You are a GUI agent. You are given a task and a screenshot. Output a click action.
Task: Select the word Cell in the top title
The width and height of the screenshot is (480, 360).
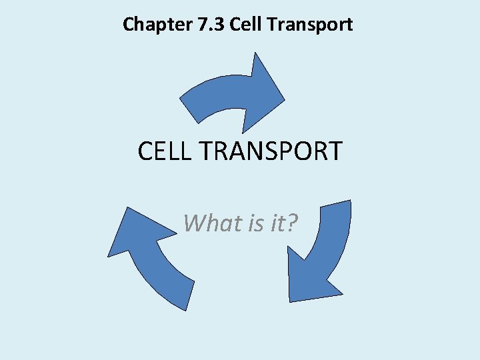click(x=245, y=25)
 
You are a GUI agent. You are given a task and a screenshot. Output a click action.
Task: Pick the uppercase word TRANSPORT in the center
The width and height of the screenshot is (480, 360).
click(x=271, y=151)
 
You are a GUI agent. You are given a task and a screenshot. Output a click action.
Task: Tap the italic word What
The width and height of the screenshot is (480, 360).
click(x=208, y=223)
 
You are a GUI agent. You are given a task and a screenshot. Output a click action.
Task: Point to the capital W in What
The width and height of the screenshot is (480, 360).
click(x=194, y=223)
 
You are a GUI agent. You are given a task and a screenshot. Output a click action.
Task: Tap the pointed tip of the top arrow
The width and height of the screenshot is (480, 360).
click(x=283, y=101)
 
